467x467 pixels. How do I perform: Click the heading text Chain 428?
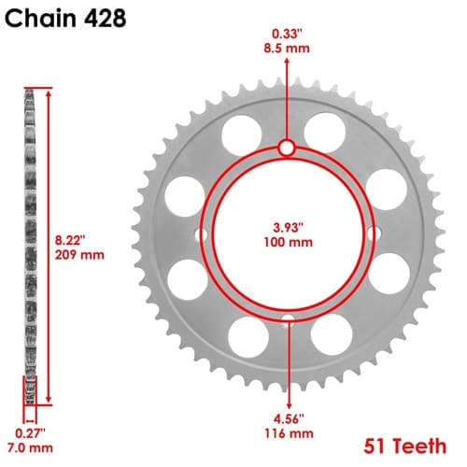pos(65,19)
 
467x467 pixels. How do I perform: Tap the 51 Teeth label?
pos(405,446)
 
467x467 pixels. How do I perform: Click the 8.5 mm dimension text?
pos(287,49)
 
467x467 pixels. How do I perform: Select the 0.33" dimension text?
pos(287,34)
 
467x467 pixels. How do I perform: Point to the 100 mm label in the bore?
pos(289,242)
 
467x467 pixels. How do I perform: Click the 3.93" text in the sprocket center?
pos(288,228)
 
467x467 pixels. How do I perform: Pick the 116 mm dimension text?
pos(289,433)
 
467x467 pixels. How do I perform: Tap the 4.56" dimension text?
pos(289,418)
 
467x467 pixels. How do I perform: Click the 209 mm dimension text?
pos(79,255)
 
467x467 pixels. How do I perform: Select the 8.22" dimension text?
pos(70,240)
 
